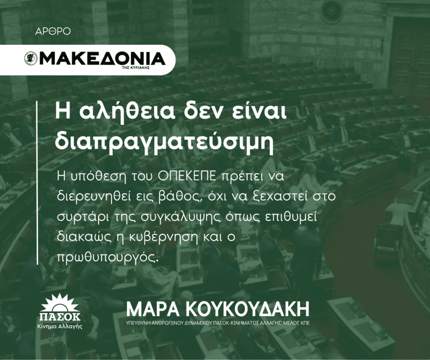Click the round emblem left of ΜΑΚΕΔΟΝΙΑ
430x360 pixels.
(31, 59)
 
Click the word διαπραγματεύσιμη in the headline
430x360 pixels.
(164, 141)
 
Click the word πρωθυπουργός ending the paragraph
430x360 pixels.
(108, 256)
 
